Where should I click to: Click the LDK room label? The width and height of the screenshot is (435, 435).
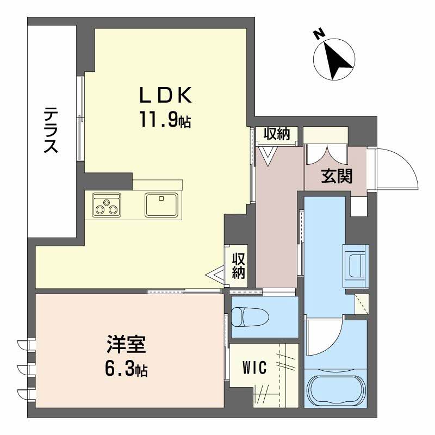click(x=166, y=95)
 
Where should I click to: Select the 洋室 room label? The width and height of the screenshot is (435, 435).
click(x=126, y=345)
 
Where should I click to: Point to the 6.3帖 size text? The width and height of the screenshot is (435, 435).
click(x=126, y=370)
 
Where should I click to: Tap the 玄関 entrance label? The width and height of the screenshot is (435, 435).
click(x=337, y=176)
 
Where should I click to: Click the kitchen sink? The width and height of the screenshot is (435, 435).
click(x=161, y=204)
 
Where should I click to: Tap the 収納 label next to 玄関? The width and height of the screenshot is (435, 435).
click(x=276, y=134)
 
